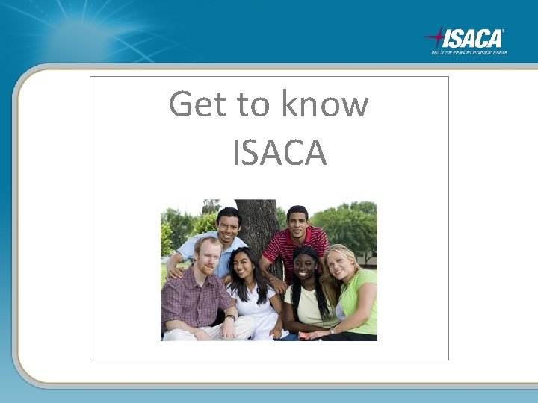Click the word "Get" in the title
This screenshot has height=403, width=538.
198,104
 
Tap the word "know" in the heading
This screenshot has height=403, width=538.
324,104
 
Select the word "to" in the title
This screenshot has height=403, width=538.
254,104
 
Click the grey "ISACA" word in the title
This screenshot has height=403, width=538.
279,152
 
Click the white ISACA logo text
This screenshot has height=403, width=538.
474,37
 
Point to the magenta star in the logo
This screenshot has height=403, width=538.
436,35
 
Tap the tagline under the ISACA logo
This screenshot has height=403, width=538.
469,52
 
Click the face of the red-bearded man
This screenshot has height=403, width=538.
208,256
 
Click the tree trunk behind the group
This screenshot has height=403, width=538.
259,224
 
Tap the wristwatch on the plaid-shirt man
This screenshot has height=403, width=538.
231,317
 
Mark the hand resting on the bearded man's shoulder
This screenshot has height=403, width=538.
176,272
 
